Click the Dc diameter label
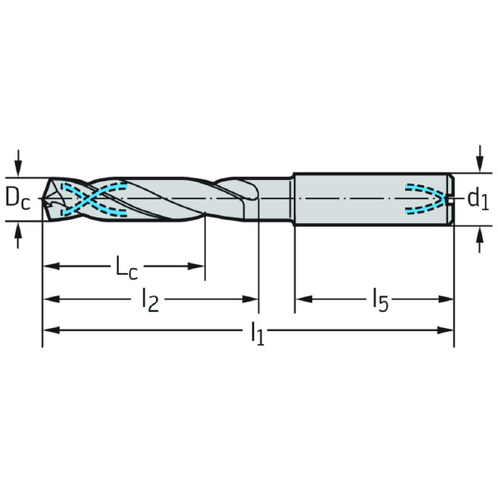click(x=17, y=199)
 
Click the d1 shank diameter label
click(x=478, y=199)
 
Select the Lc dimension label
click(x=126, y=268)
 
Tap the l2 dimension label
click(x=150, y=300)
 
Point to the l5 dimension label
click(x=381, y=300)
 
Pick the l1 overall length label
click(x=257, y=333)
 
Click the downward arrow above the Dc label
click(x=18, y=163)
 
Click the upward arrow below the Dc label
click(x=17, y=236)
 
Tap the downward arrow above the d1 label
click(x=481, y=159)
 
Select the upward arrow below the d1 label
click(x=480, y=240)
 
